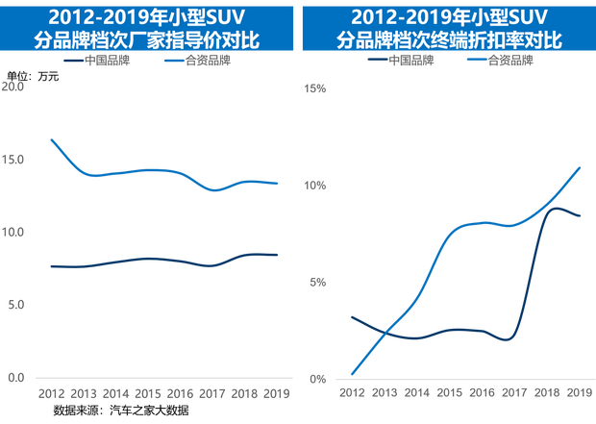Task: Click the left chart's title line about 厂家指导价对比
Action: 148,41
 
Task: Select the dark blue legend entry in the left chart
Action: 96,61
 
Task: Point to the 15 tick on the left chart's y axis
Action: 14,160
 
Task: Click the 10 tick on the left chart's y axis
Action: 14,233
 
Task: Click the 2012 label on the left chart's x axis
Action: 50,392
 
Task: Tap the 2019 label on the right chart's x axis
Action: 578,392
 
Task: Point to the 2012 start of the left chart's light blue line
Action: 50,139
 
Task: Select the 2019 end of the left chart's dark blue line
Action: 278,254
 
